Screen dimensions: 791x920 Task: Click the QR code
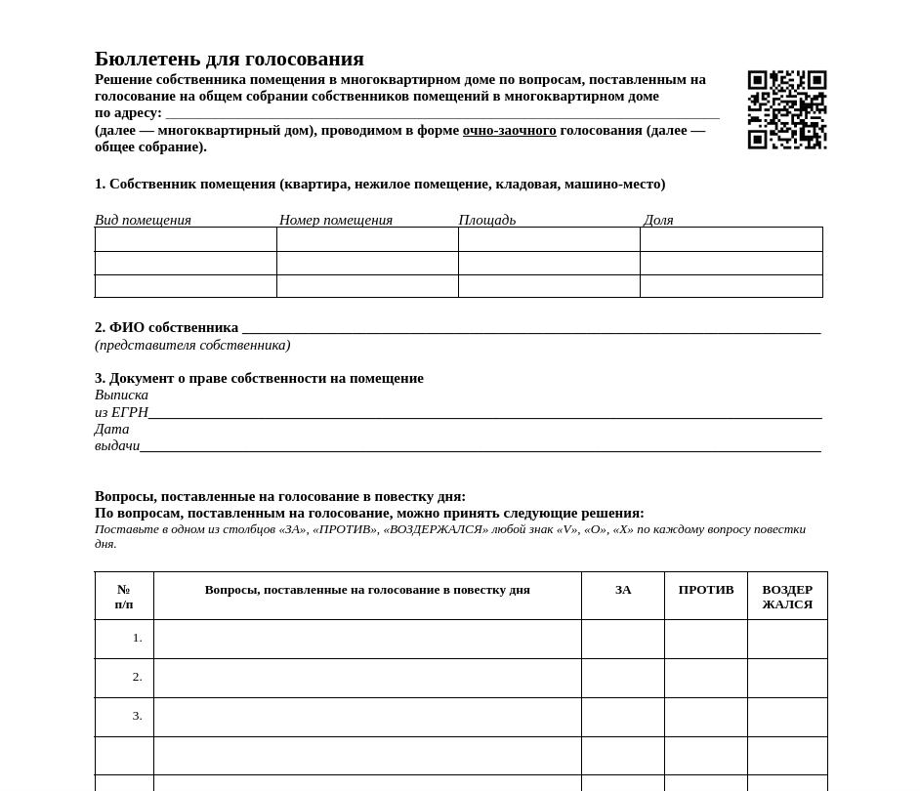coord(786,109)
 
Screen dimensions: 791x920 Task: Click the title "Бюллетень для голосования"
coord(230,59)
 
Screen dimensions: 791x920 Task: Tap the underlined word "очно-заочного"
coord(509,131)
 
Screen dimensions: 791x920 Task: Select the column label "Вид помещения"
coord(143,220)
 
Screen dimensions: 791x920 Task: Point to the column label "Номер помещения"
coord(336,220)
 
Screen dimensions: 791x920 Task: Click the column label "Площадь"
coord(487,220)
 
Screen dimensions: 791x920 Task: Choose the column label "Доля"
coord(658,220)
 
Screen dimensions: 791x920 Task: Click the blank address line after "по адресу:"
coord(441,114)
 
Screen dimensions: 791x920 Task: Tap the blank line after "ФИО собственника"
coord(530,329)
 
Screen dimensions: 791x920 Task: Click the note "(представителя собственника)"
coord(192,345)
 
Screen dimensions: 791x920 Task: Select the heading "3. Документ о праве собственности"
coord(259,378)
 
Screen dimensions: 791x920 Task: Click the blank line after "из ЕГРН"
coord(484,414)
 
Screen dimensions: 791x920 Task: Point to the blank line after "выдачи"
coord(480,447)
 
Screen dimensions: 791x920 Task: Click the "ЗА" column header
coord(623,590)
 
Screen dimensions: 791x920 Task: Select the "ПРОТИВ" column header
coord(706,590)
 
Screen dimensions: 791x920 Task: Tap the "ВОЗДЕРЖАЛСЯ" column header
coord(787,597)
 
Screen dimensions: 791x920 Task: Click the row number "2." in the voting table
coord(138,677)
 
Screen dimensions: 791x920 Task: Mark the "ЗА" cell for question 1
coord(623,639)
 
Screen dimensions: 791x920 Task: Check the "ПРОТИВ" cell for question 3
coord(706,717)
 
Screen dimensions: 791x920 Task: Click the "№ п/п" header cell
coord(124,597)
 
